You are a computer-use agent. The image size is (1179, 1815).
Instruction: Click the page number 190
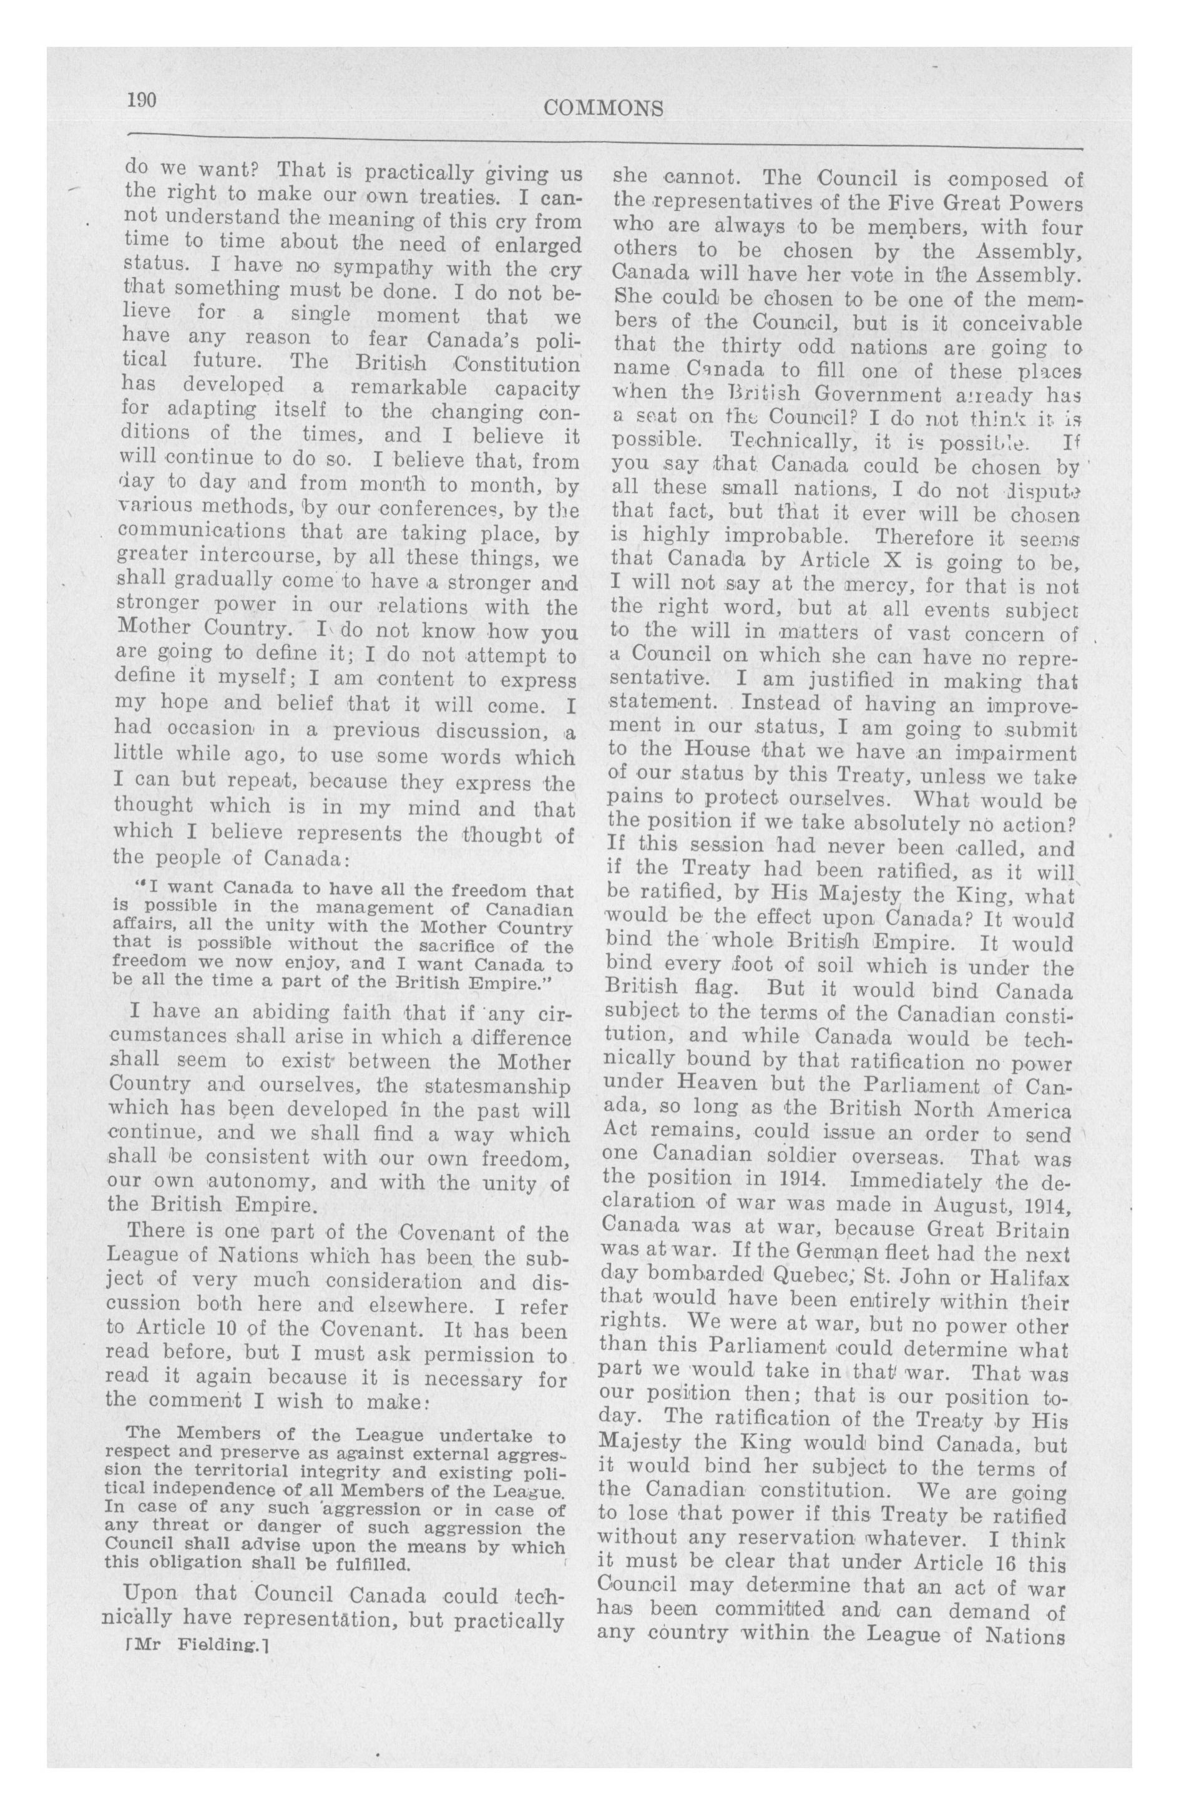[142, 100]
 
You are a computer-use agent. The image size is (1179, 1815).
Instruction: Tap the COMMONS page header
[603, 109]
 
